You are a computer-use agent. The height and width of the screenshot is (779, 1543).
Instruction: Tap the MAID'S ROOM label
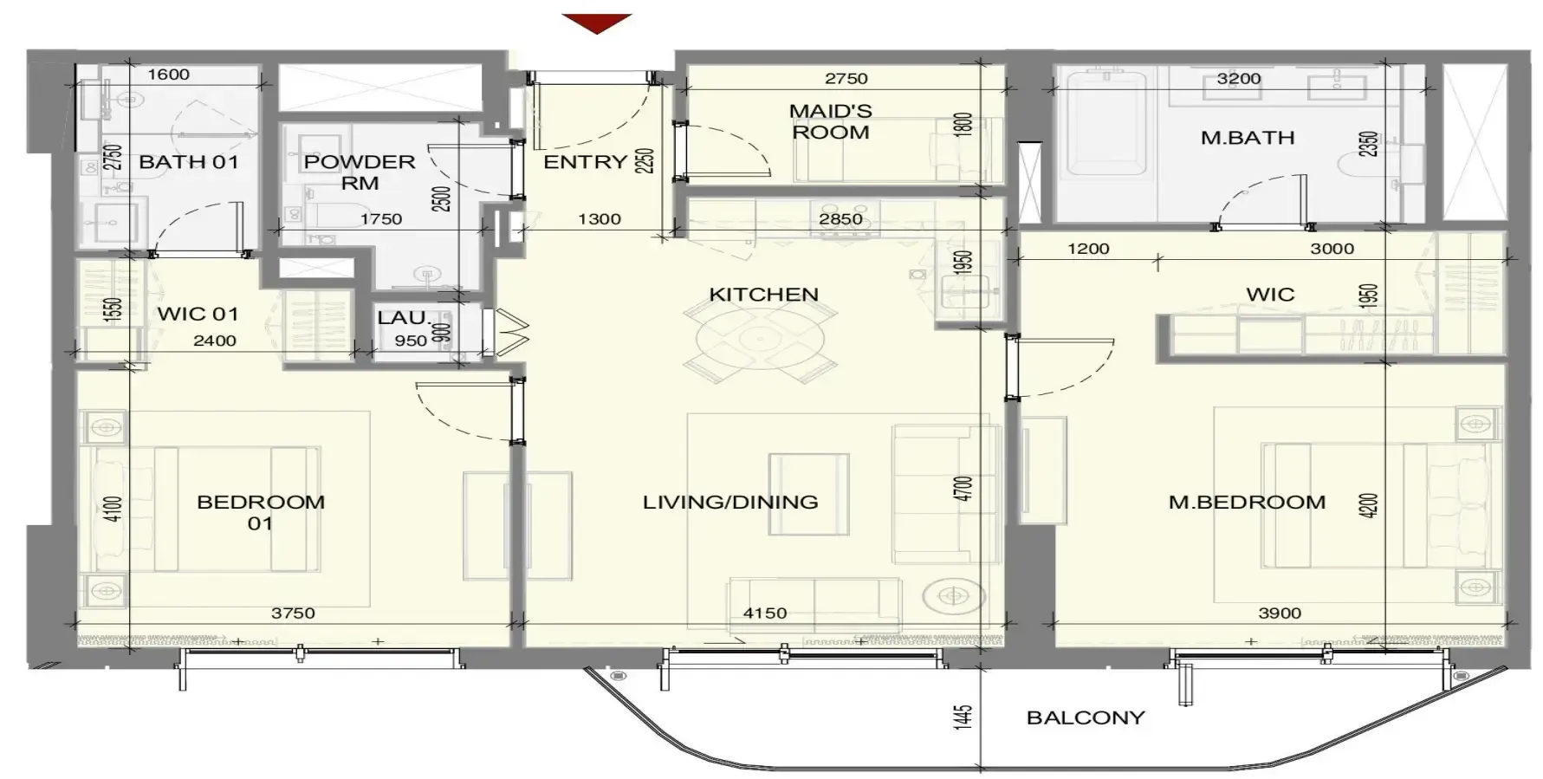830,121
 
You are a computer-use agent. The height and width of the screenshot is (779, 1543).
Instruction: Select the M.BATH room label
1247,137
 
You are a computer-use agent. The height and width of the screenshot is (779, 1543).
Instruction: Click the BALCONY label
1085,717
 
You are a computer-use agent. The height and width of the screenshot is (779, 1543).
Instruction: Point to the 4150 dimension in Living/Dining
764,613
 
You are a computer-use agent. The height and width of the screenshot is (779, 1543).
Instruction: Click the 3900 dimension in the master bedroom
1279,613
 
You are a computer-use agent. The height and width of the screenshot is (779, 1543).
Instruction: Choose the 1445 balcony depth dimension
963,717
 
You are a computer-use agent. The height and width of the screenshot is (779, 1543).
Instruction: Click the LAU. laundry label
404,318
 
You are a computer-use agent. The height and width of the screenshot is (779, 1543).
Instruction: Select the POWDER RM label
360,172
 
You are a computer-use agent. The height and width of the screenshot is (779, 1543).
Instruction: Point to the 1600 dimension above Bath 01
168,74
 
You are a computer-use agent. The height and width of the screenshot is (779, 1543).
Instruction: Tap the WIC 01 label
198,314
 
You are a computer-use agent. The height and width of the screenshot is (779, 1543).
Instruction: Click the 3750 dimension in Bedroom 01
293,613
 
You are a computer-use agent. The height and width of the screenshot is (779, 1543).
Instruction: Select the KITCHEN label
763,294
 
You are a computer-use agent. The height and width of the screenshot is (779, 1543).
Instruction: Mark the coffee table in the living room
809,493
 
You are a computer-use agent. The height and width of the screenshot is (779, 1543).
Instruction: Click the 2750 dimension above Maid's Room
846,78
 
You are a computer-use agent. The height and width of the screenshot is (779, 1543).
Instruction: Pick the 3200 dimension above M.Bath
1239,78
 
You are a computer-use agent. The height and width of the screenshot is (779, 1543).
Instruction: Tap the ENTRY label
585,161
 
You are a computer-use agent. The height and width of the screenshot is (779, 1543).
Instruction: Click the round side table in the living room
954,595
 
